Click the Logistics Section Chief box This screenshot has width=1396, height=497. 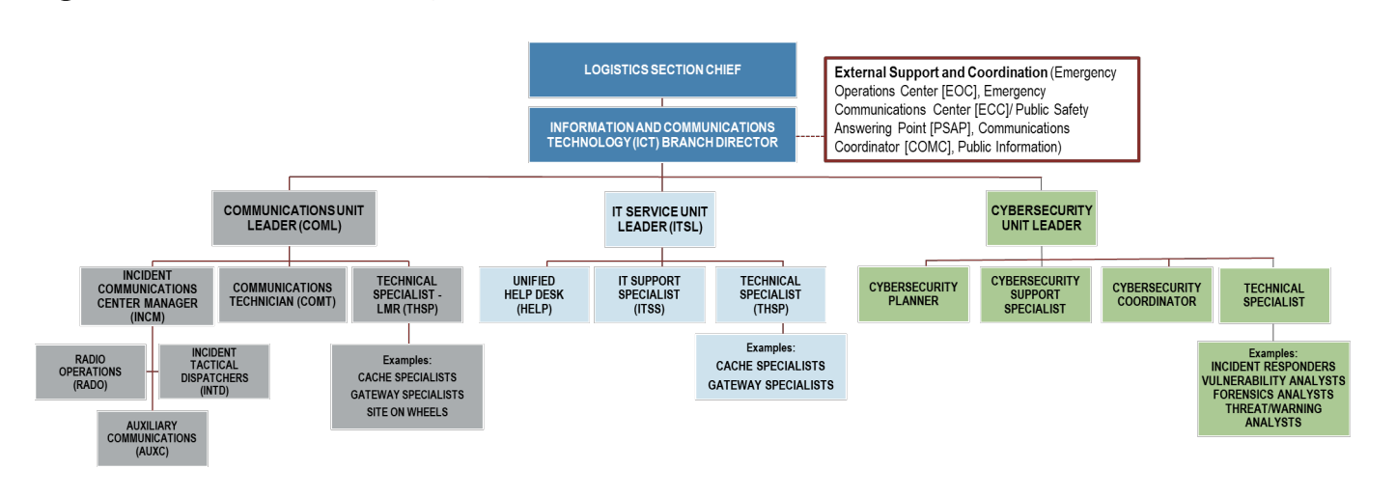(661, 70)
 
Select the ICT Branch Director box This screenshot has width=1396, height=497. (661, 134)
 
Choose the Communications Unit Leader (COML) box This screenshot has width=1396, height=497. (291, 217)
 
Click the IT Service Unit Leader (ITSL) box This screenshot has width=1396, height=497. (662, 217)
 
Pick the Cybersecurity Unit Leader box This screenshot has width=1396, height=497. (1041, 217)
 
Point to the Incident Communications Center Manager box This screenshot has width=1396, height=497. (154, 294)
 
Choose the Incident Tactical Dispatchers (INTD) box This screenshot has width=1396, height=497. (213, 370)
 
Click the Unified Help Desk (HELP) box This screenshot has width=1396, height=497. (533, 294)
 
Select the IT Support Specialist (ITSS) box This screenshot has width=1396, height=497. (649, 294)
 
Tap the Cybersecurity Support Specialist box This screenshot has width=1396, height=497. (1034, 294)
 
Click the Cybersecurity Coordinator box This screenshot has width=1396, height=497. (1156, 294)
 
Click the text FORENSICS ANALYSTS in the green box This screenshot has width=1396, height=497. (1272, 394)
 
